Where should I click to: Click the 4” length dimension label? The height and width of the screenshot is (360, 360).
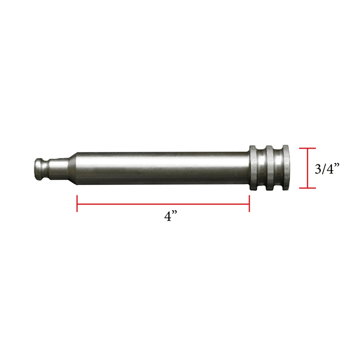(170, 216)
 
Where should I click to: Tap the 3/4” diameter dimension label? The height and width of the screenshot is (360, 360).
(327, 169)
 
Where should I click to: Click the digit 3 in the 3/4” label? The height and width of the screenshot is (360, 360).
(318, 169)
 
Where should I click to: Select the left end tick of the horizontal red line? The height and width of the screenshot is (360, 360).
(77, 203)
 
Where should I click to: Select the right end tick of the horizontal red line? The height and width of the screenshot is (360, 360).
(249, 203)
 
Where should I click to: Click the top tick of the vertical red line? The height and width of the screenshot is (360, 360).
(308, 148)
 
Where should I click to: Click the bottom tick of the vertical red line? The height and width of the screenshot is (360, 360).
(308, 188)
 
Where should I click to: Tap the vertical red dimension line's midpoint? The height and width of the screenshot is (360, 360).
(308, 168)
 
